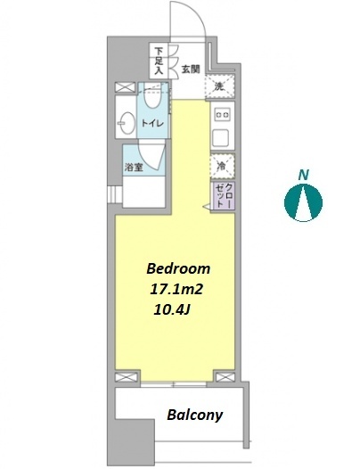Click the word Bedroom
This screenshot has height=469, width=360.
(178, 268)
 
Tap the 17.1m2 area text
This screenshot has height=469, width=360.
(176, 289)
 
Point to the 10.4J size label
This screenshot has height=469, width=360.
(172, 310)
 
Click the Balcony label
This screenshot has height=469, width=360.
(195, 416)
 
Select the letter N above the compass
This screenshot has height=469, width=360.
(304, 175)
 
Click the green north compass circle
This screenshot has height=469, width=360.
(303, 202)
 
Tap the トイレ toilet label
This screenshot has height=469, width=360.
(152, 123)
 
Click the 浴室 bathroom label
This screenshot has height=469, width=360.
(134, 168)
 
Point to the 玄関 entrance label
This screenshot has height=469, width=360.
(191, 70)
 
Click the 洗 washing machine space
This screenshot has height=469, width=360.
(220, 86)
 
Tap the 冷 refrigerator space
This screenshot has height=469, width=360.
(222, 166)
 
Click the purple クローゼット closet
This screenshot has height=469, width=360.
(223, 196)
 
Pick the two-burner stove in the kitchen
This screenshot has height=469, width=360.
(223, 115)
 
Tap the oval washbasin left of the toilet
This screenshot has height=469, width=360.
(127, 123)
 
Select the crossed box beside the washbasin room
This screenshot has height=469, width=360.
(125, 88)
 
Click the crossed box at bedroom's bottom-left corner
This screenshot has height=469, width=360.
(127, 377)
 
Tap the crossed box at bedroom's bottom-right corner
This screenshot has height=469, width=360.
(225, 377)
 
